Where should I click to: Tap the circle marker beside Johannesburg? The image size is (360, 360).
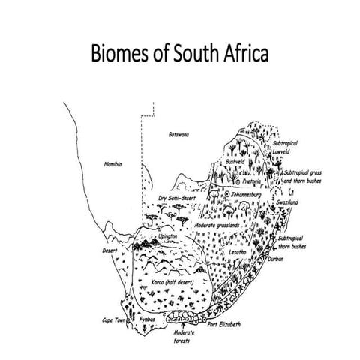pos(227,195)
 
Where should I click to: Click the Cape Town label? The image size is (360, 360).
pos(116,320)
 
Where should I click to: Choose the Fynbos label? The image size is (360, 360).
pos(147,320)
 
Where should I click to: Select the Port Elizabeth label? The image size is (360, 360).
pos(224,324)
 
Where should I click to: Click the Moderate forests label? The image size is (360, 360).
pos(184,336)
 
